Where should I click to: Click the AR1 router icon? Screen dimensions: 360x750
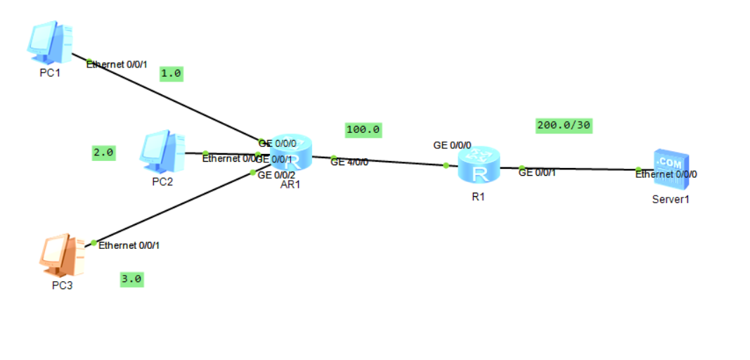(291, 153)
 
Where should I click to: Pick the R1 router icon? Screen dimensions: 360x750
(479, 166)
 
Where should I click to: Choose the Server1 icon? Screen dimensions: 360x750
(670, 168)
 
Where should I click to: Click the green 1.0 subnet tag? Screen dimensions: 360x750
(171, 74)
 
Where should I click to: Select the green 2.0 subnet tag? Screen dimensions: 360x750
(103, 152)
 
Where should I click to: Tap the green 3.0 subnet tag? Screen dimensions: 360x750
(131, 279)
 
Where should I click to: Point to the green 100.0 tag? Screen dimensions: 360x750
(363, 129)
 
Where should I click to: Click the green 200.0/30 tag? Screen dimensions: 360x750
(564, 125)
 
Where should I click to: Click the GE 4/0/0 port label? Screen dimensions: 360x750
(349, 162)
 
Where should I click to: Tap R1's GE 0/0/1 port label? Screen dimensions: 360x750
(537, 173)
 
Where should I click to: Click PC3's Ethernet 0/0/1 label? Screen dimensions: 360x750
(134, 245)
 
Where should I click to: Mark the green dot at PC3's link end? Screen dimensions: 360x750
(93, 243)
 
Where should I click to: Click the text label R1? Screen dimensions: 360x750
(479, 197)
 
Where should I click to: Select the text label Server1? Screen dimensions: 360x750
(670, 200)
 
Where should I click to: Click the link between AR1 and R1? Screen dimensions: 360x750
(390, 162)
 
